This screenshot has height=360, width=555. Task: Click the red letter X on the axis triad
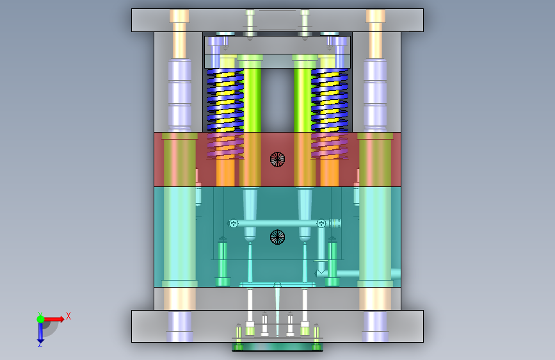pos(68,316)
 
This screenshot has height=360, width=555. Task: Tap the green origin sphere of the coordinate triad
pos(41,319)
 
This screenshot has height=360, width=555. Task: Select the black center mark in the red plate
pos(278,160)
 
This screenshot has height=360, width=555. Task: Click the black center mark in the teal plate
pos(278,237)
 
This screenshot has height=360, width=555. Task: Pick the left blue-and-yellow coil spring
pos(225,101)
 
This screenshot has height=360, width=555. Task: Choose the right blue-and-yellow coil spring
pos(330,101)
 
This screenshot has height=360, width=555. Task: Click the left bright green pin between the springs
pos(250,94)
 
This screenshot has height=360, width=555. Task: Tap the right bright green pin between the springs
pos(305,94)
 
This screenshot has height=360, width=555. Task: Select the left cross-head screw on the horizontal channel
pos(233,223)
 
